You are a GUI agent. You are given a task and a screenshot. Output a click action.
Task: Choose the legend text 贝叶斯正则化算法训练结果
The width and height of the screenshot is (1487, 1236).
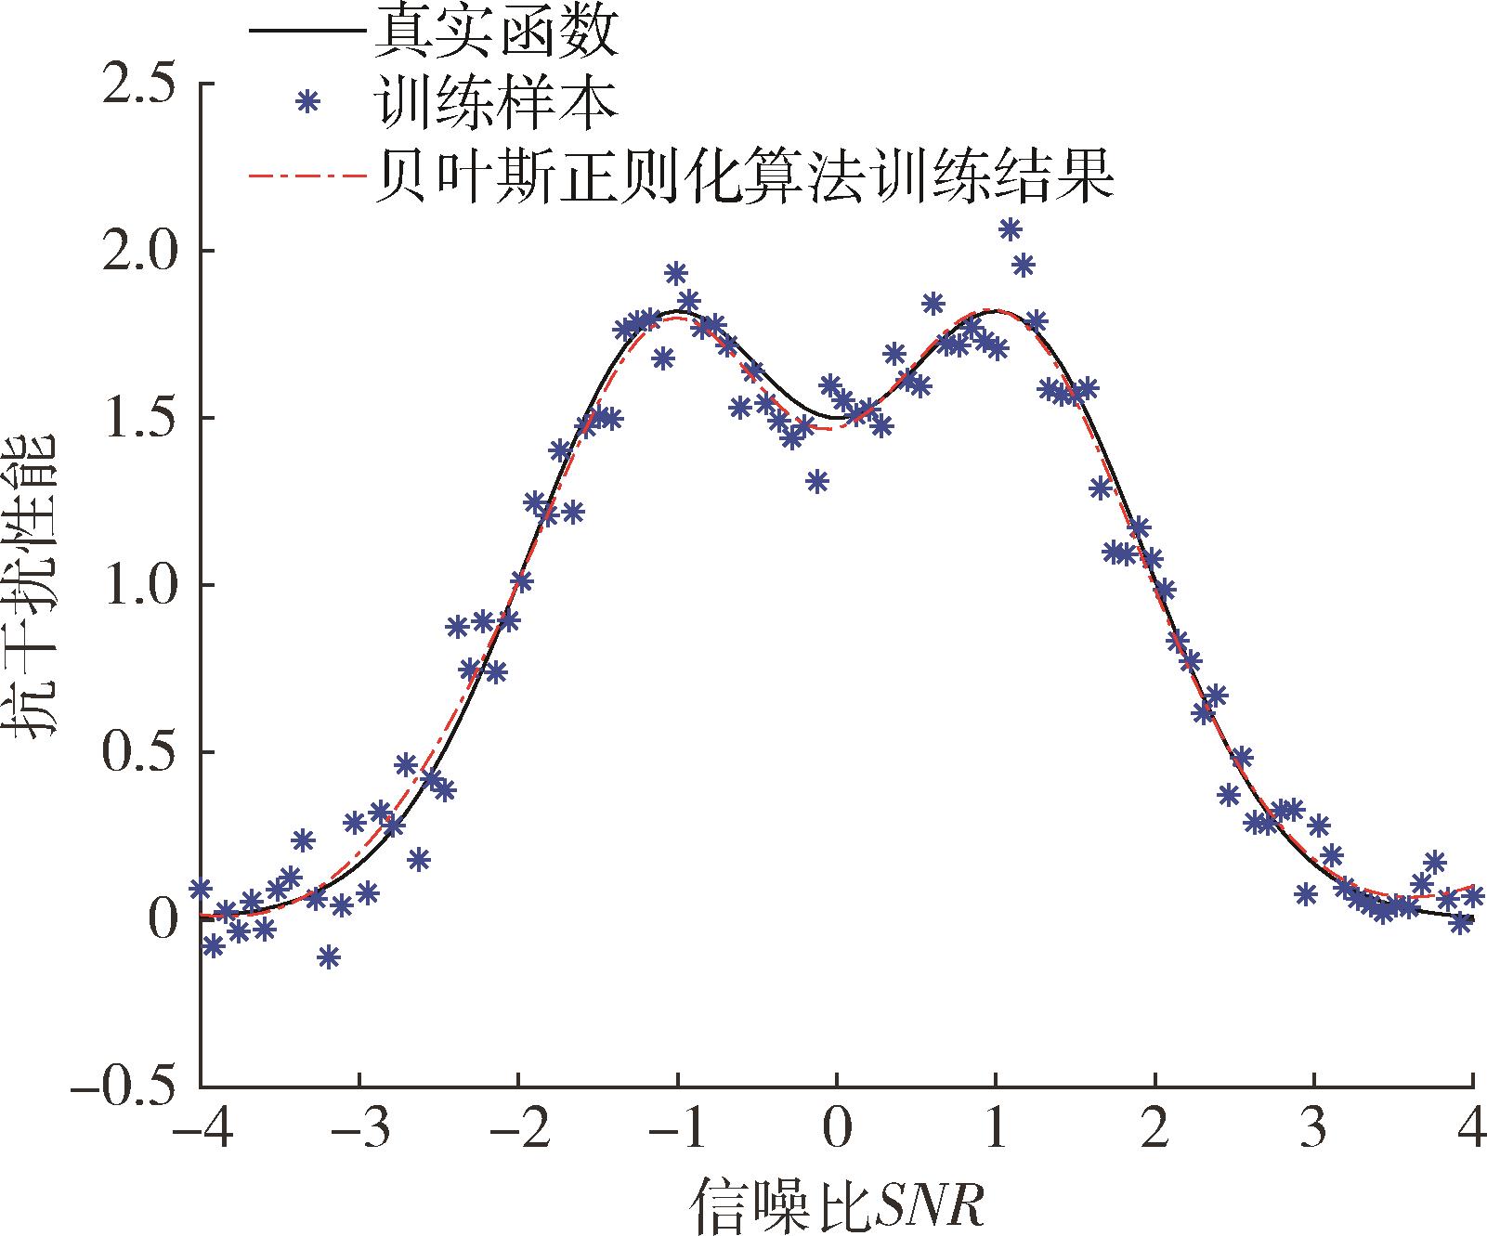742,175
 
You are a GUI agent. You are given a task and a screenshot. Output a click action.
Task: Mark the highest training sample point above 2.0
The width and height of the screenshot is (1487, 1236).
1011,228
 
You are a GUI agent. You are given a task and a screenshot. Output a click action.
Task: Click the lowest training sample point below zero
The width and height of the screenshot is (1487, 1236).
328,956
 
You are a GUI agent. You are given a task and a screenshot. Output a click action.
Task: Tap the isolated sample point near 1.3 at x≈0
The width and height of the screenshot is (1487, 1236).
817,480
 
